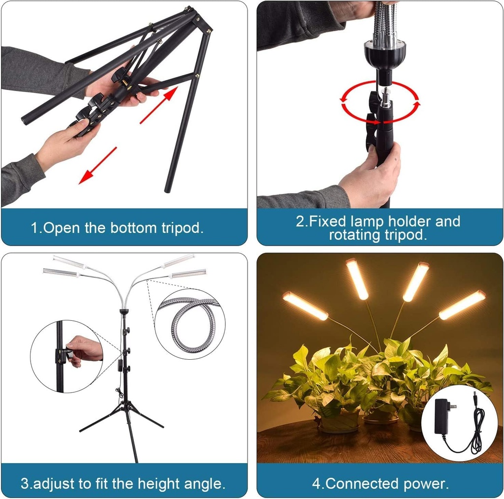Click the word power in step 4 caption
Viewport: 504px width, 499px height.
coord(427,483)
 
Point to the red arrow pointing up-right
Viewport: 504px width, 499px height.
coord(158,105)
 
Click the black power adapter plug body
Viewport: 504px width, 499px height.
coord(441,415)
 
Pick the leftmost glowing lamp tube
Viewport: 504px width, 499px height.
coord(305,306)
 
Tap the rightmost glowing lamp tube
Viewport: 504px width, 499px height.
coord(462,305)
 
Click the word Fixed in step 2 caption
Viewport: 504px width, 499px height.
coord(328,221)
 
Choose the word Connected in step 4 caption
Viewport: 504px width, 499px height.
coord(362,483)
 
